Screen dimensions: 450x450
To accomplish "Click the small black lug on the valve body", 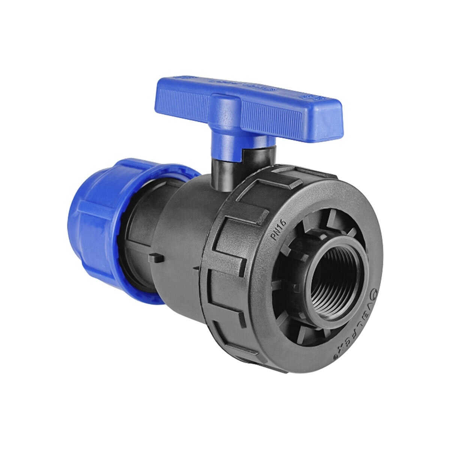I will (x=156, y=258).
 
